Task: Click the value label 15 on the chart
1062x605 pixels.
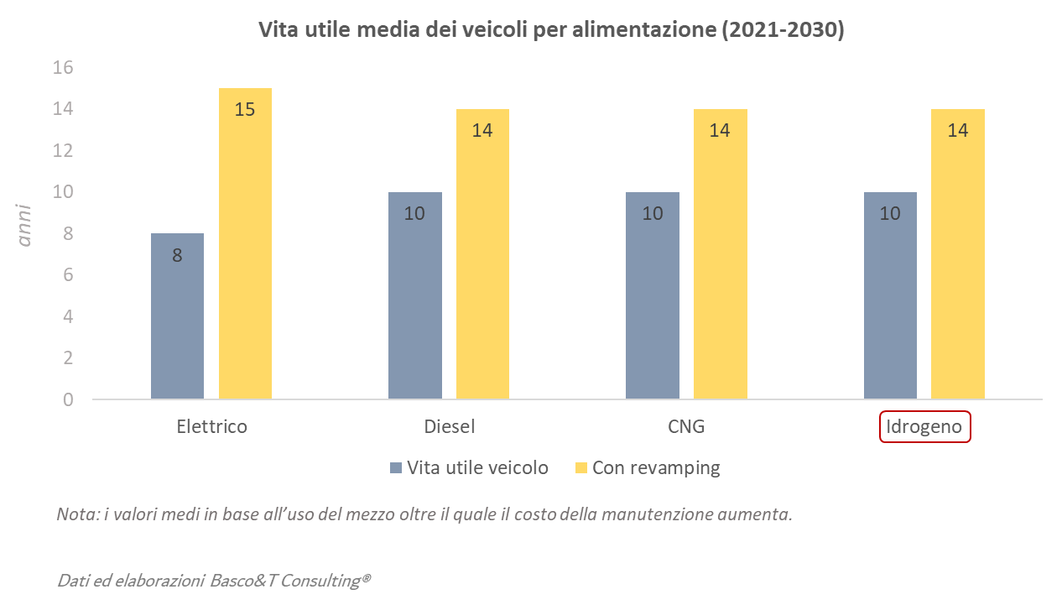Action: tap(245, 109)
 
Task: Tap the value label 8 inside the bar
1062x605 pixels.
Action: tap(177, 255)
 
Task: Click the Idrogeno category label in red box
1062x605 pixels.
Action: tap(924, 426)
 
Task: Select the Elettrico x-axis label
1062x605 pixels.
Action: tap(211, 426)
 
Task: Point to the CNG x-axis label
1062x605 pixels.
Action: tap(686, 426)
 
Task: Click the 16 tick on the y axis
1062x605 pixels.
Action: tap(63, 68)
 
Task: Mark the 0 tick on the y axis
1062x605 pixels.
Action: tap(68, 399)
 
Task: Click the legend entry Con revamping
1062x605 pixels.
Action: tap(655, 468)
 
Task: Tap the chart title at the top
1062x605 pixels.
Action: tap(550, 31)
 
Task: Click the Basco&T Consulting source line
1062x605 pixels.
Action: tap(214, 580)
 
